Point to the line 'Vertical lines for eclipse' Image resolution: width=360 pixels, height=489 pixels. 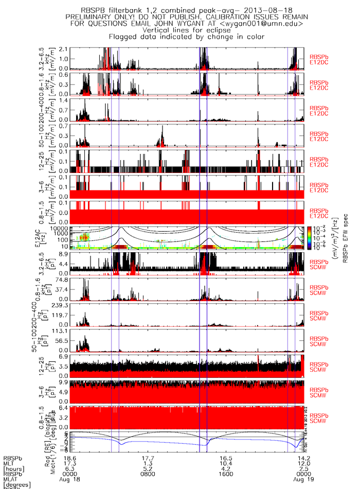coord(186,30)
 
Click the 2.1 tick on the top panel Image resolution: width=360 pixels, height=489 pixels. coord(64,48)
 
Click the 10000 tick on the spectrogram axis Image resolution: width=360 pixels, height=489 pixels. coord(61,228)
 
